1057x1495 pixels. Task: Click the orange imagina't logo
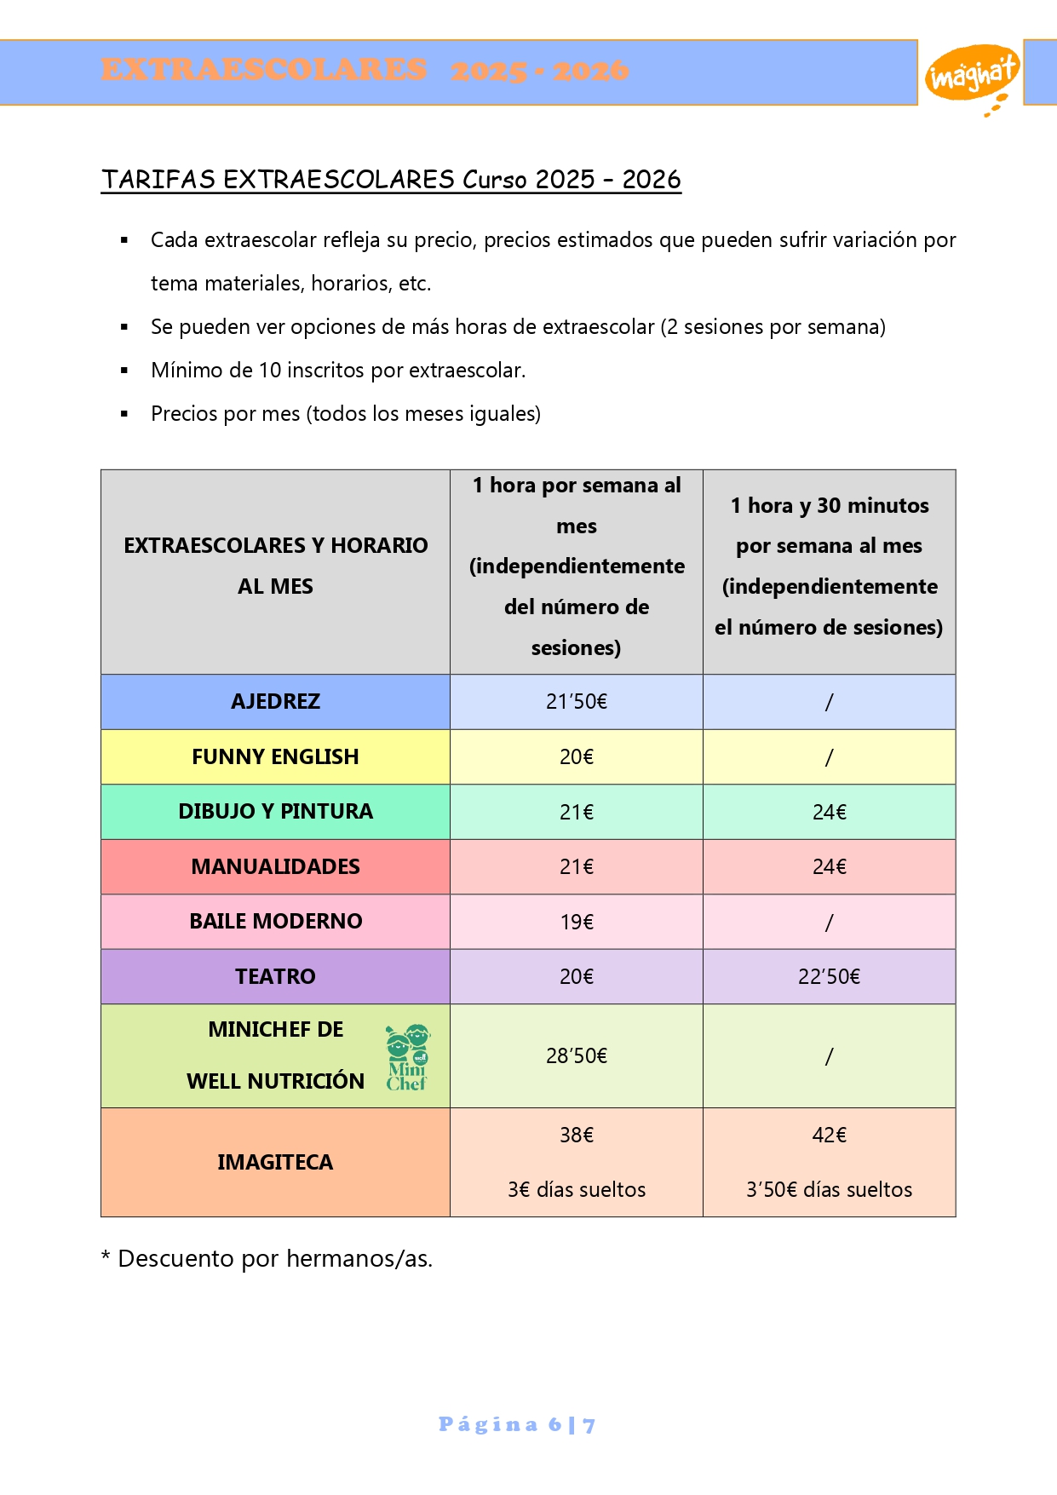click(971, 75)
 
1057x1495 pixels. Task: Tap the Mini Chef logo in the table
click(407, 1057)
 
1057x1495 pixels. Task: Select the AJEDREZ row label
click(275, 702)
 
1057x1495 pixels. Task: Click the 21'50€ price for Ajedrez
click(577, 702)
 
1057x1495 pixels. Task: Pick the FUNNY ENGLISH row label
click(275, 756)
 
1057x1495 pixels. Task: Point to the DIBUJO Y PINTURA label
click(275, 811)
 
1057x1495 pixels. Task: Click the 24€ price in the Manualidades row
click(829, 867)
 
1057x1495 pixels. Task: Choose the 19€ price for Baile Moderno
click(577, 922)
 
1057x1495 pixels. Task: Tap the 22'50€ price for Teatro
click(829, 977)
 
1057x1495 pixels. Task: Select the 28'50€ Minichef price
click(577, 1056)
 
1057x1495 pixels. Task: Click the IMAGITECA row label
click(275, 1162)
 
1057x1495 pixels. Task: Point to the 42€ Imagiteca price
click(829, 1135)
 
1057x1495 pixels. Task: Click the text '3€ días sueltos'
click(577, 1189)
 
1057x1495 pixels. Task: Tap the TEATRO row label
click(275, 976)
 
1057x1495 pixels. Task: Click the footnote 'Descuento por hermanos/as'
click(274, 1258)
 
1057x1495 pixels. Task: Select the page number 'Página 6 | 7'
click(517, 1424)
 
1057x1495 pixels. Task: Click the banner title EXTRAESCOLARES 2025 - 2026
click(365, 70)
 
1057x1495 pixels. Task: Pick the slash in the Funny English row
click(829, 757)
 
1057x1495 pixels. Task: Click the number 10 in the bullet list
click(269, 371)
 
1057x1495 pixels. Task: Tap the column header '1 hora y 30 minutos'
click(830, 506)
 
